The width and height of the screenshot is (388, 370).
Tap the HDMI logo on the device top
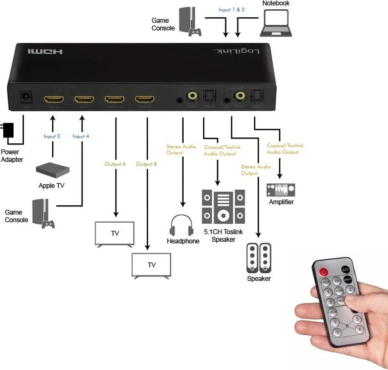tap(46, 52)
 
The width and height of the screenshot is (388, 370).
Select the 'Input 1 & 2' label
tap(231, 9)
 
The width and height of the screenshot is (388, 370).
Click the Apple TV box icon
tap(53, 170)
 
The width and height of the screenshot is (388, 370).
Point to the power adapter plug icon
tap(8, 131)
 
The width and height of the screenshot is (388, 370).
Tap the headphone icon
tap(182, 225)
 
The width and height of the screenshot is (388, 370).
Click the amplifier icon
tap(281, 190)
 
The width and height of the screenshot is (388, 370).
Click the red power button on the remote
tap(324, 271)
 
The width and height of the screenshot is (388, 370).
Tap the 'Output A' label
tap(115, 164)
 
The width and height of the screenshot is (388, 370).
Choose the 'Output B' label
tap(146, 164)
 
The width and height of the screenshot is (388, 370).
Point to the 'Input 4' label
tap(82, 136)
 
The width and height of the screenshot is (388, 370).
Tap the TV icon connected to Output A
tap(115, 234)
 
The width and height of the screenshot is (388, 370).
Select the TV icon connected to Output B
tap(152, 266)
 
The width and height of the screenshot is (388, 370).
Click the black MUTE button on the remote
tap(346, 269)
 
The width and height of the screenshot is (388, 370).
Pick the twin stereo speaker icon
tap(259, 258)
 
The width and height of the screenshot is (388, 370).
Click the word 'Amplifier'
tap(281, 202)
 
